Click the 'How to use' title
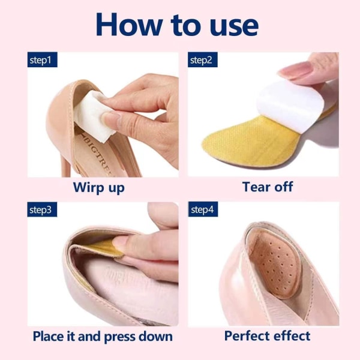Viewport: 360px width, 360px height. (177, 25)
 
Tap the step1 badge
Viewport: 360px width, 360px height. (43, 59)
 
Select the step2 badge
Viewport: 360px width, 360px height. (203, 59)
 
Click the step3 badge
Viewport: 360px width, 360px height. (42, 209)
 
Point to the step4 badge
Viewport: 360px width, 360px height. (203, 209)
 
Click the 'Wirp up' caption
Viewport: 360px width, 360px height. (99, 188)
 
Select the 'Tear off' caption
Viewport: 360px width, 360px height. (268, 187)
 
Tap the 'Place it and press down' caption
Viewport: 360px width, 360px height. (103, 337)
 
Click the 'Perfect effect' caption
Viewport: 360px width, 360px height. (267, 336)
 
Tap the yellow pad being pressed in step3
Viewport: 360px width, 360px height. (103, 248)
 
